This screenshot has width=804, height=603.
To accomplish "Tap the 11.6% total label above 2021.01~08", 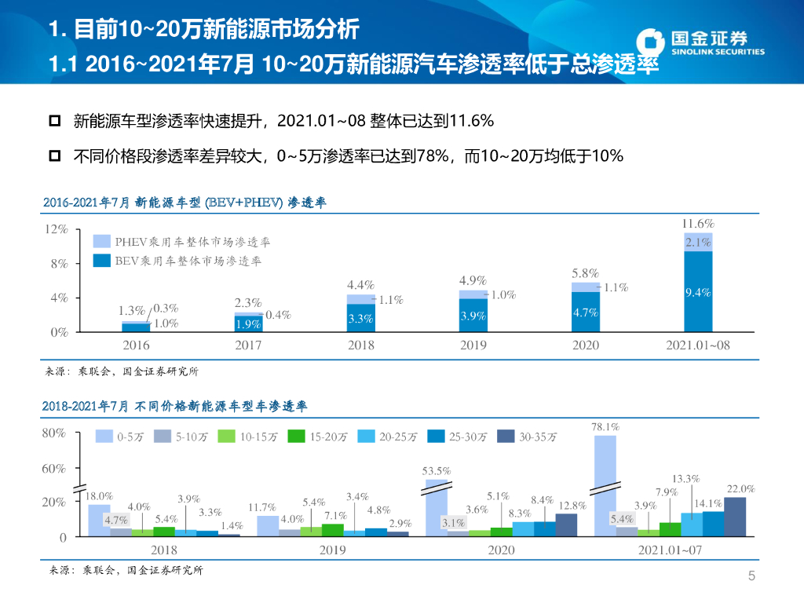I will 698,224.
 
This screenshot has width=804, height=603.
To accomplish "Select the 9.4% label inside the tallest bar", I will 698,293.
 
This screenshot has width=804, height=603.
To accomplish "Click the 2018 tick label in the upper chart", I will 360,345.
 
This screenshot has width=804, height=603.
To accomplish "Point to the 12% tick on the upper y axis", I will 57,229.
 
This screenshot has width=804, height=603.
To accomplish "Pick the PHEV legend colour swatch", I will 101,242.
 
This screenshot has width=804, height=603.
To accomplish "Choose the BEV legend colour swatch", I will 101,261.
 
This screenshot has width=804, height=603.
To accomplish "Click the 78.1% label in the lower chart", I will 605,427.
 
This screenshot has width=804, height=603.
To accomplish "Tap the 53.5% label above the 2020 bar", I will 437,471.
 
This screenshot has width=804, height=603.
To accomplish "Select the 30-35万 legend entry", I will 528,437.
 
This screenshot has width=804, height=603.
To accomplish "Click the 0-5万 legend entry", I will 118,437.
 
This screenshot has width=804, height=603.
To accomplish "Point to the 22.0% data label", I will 740,488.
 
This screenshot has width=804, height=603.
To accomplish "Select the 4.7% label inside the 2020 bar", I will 585,312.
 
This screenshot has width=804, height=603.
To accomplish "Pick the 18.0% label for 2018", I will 99,496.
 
